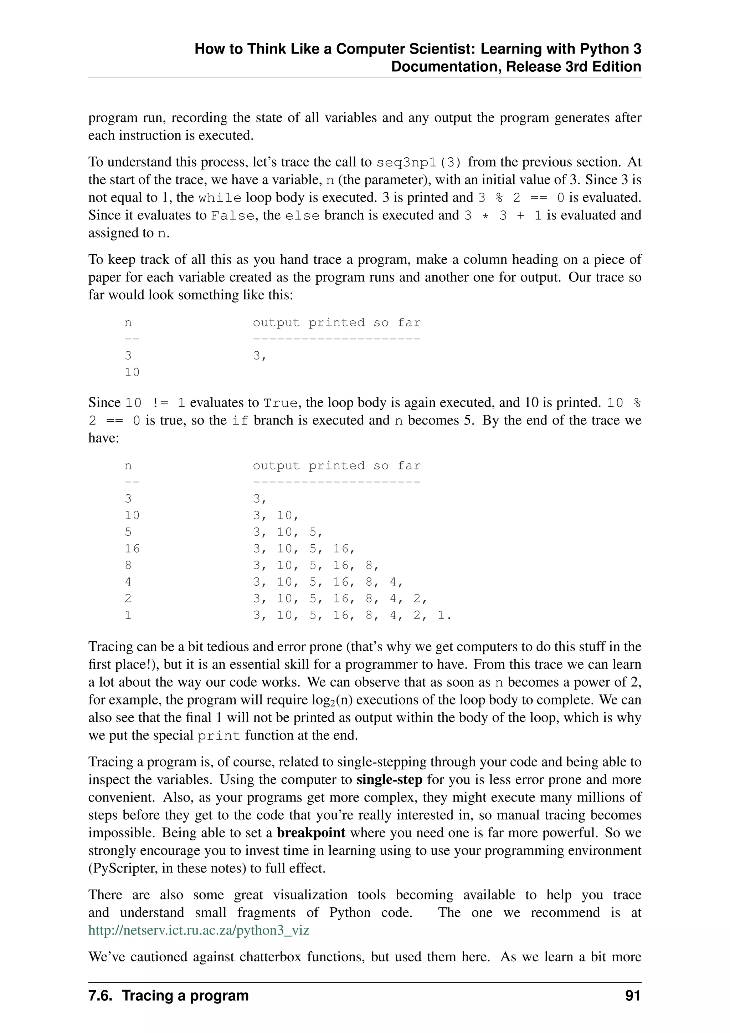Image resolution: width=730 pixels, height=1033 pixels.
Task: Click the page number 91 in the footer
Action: tap(632, 996)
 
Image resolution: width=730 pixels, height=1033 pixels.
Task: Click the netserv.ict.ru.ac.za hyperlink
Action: tap(199, 930)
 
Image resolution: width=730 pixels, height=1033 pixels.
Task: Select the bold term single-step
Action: tap(389, 780)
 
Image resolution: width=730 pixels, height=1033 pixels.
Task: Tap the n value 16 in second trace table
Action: tap(132, 549)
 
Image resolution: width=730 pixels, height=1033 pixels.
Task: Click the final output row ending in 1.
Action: tap(352, 615)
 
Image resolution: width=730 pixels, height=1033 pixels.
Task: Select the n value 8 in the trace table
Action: tap(128, 565)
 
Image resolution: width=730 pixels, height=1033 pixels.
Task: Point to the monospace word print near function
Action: tap(219, 736)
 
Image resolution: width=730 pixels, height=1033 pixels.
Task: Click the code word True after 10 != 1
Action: tap(280, 403)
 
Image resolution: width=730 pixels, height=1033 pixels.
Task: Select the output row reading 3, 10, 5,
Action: tap(288, 532)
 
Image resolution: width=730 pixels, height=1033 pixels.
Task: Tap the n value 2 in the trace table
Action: tap(128, 599)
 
